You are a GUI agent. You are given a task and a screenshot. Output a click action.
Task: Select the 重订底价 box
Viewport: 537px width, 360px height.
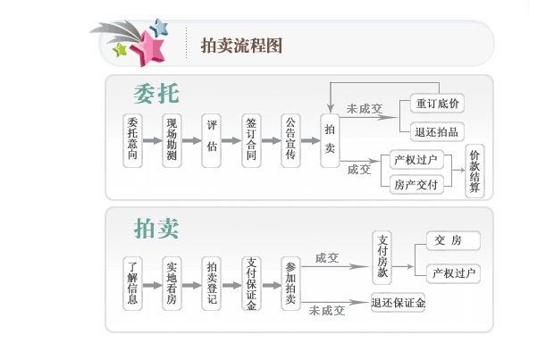438,105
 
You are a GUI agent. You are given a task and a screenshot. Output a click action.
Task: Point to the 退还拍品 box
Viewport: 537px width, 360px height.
438,131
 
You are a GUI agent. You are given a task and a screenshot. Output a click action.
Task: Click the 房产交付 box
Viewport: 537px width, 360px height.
416,184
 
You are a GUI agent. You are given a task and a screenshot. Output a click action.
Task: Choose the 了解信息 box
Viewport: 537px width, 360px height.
133,282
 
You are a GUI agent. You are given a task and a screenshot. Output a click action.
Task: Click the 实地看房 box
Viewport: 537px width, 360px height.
172,282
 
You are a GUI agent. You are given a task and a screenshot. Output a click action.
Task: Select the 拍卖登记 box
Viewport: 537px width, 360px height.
211,282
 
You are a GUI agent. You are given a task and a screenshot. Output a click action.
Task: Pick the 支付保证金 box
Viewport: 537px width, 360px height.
252,282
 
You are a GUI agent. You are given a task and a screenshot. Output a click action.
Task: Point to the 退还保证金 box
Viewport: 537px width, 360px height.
399,303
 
